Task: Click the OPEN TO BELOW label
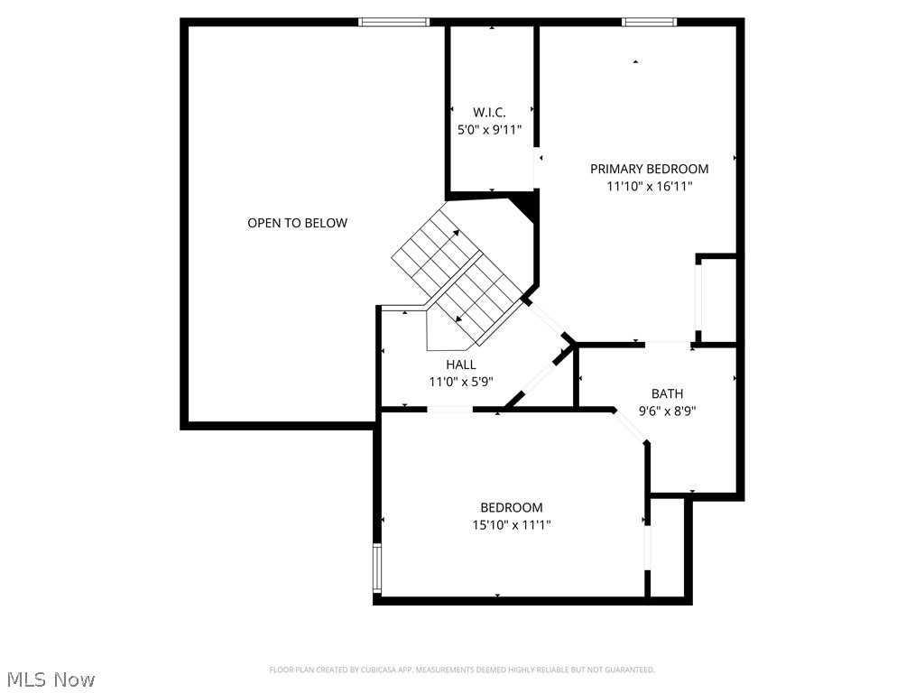(x=297, y=223)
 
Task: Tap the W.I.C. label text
(x=489, y=112)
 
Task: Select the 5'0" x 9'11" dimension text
(x=489, y=129)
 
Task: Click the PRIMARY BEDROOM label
(x=649, y=169)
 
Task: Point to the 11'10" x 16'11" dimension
(x=649, y=187)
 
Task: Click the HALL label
(x=460, y=365)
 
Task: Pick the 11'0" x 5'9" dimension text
(x=460, y=382)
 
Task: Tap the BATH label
(x=667, y=393)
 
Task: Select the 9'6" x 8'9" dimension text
(x=667, y=411)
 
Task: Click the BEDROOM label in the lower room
(x=511, y=508)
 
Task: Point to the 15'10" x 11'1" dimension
(x=511, y=525)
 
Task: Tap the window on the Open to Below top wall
(x=393, y=22)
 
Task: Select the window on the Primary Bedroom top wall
(x=649, y=22)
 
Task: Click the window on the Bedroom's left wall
(x=378, y=568)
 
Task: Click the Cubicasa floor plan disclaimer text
(x=462, y=670)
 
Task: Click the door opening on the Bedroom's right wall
(x=647, y=547)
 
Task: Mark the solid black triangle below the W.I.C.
(x=528, y=206)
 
